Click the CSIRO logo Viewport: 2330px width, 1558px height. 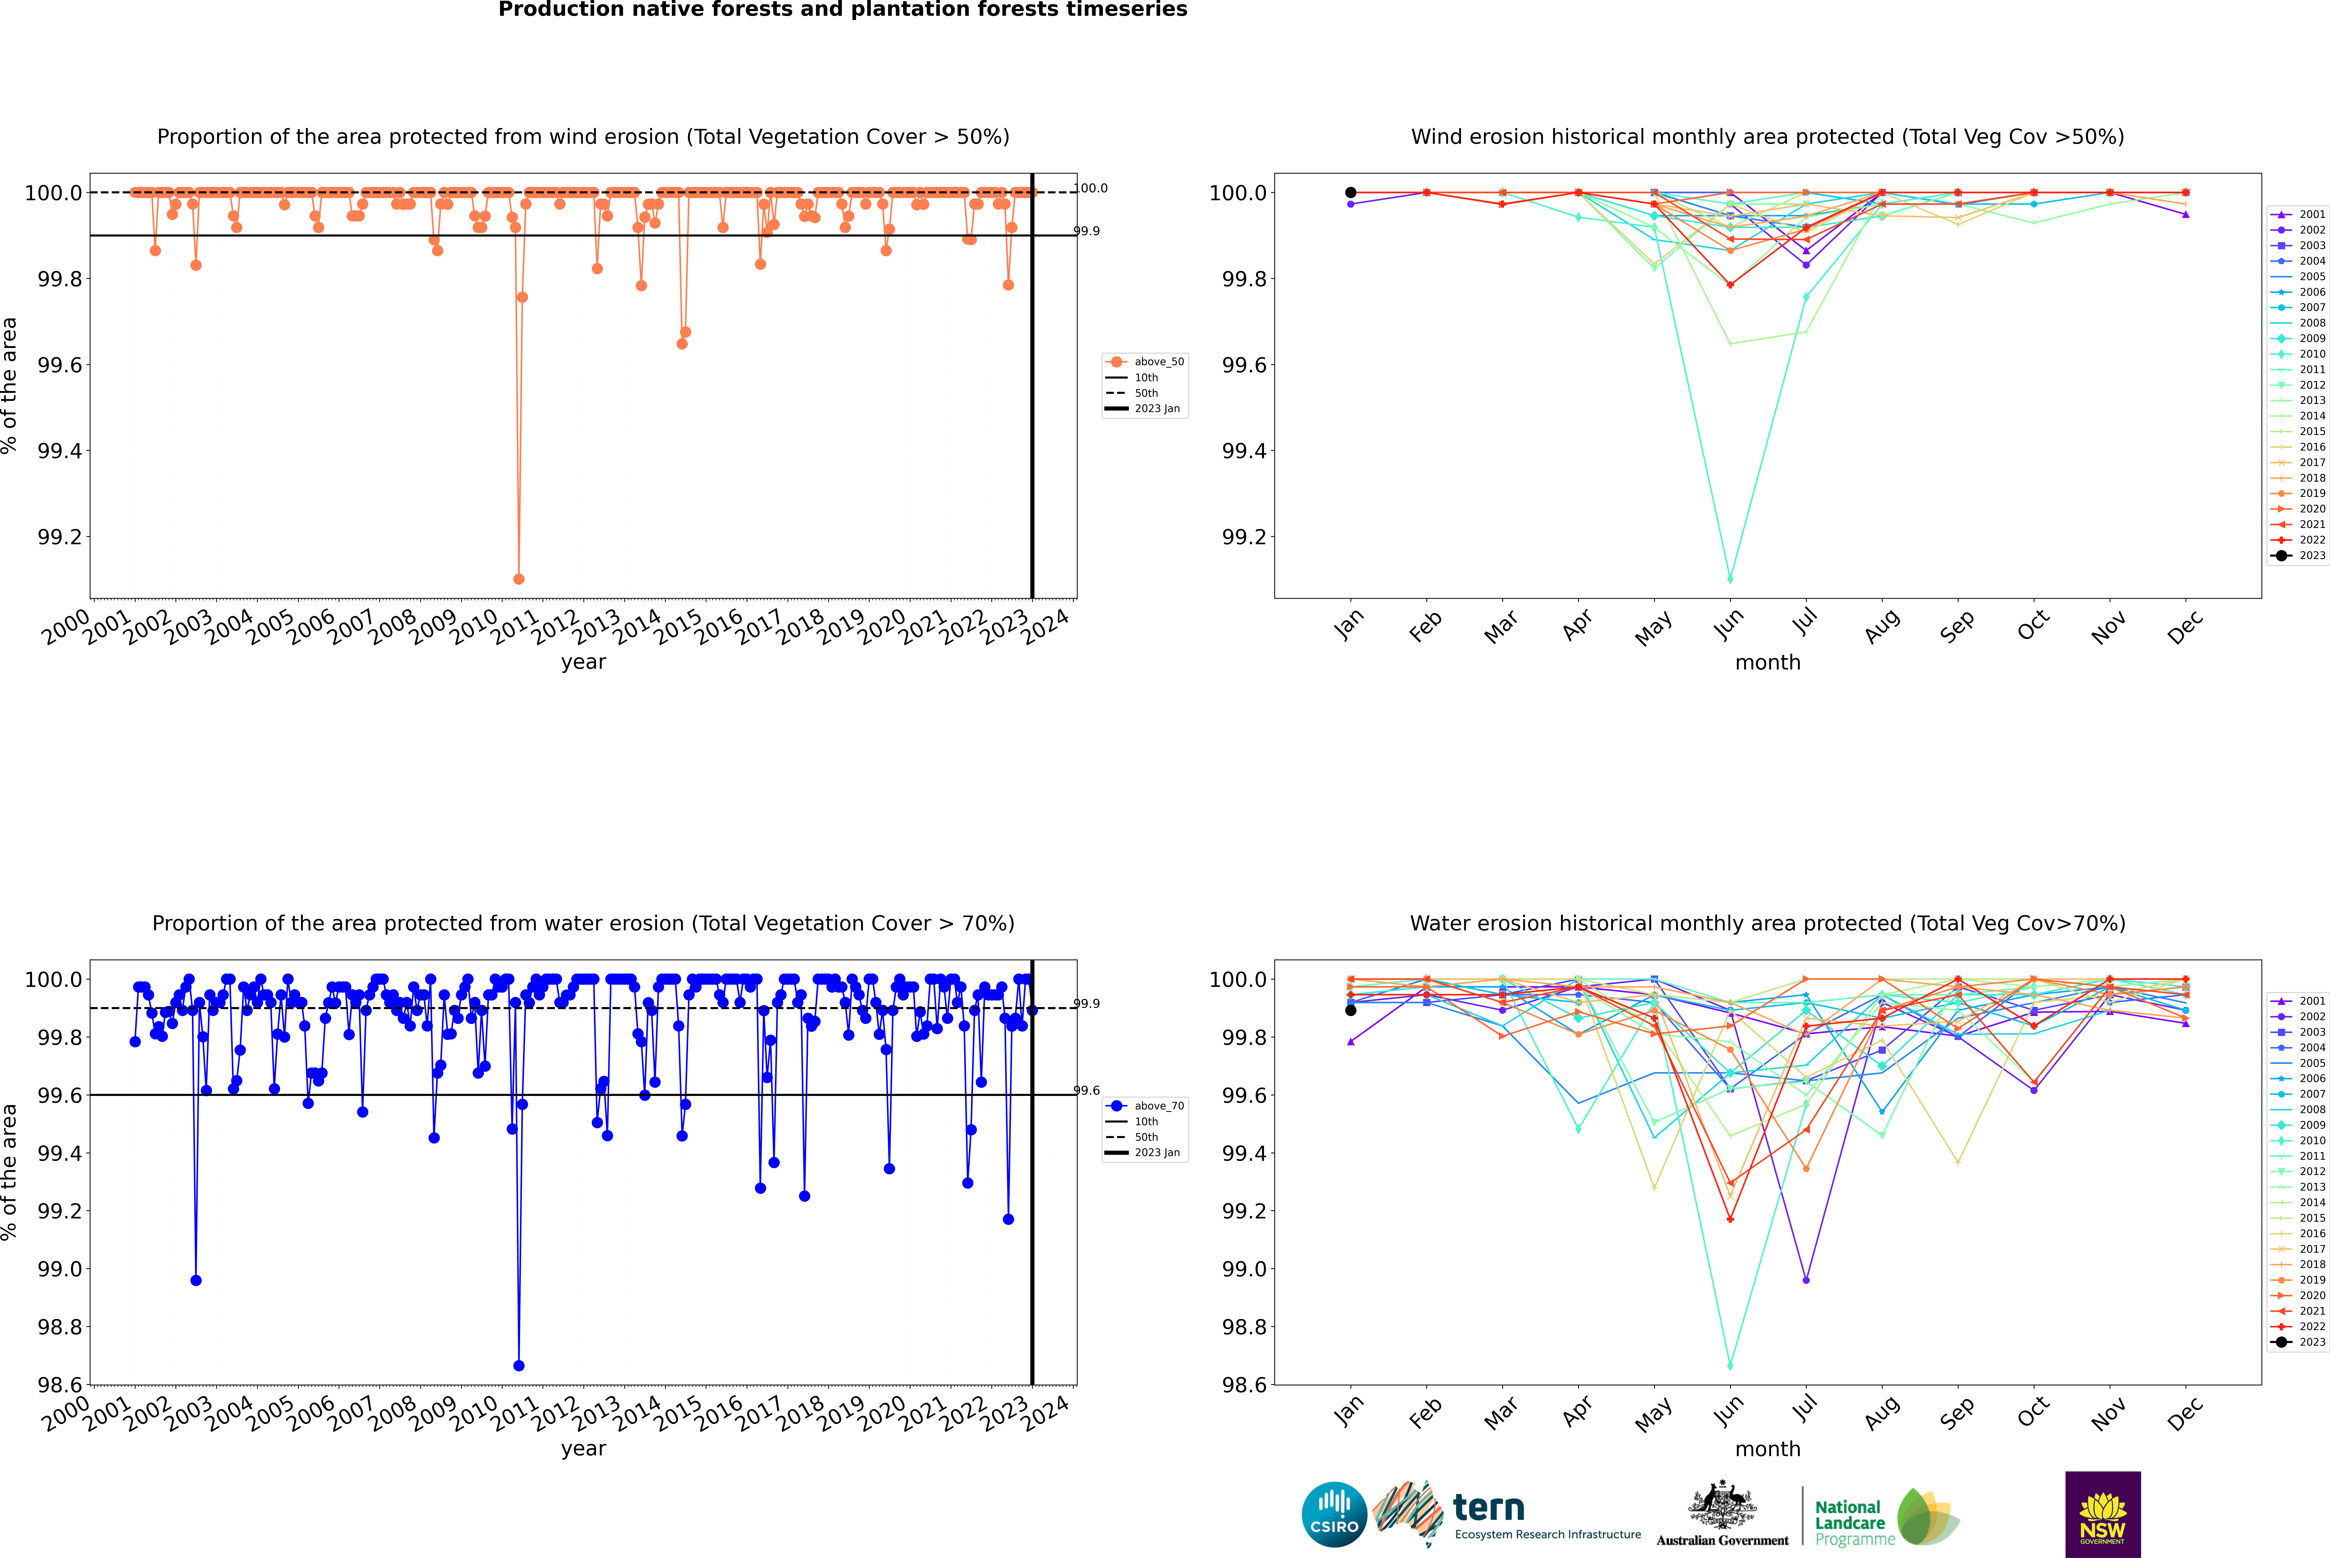[x=1334, y=1514]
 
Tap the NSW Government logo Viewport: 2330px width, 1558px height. [x=2102, y=1514]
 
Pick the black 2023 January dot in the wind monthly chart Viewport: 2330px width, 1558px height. [x=1351, y=193]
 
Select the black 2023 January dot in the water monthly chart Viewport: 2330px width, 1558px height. [x=1351, y=1011]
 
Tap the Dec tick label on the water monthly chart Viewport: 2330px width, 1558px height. [x=2185, y=1412]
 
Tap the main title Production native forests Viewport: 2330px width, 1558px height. [x=842, y=10]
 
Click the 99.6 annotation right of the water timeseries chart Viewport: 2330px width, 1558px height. [x=1086, y=1091]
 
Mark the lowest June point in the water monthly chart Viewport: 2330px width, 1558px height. [x=1730, y=1366]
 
